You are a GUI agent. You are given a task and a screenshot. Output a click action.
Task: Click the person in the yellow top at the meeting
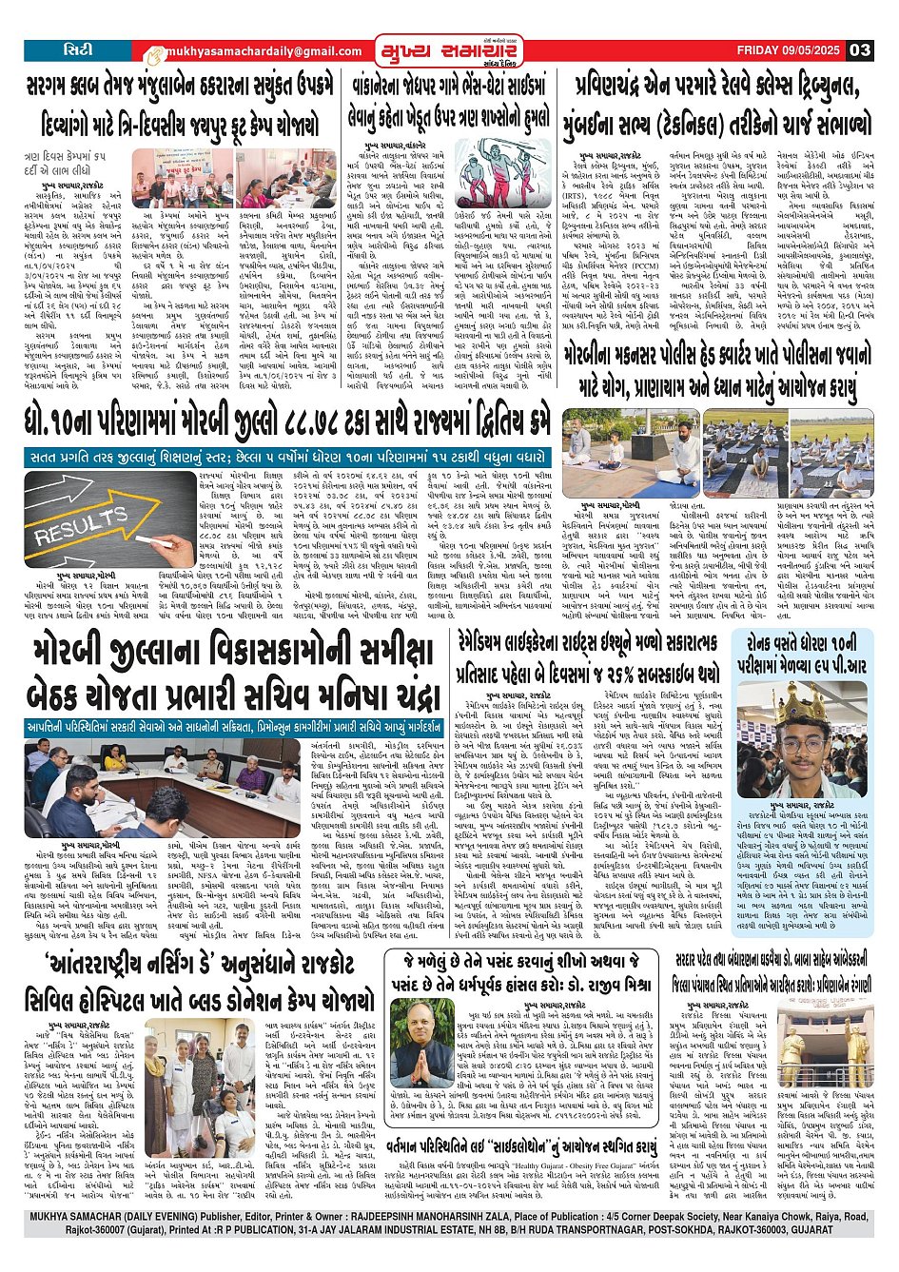click(x=112, y=758)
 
